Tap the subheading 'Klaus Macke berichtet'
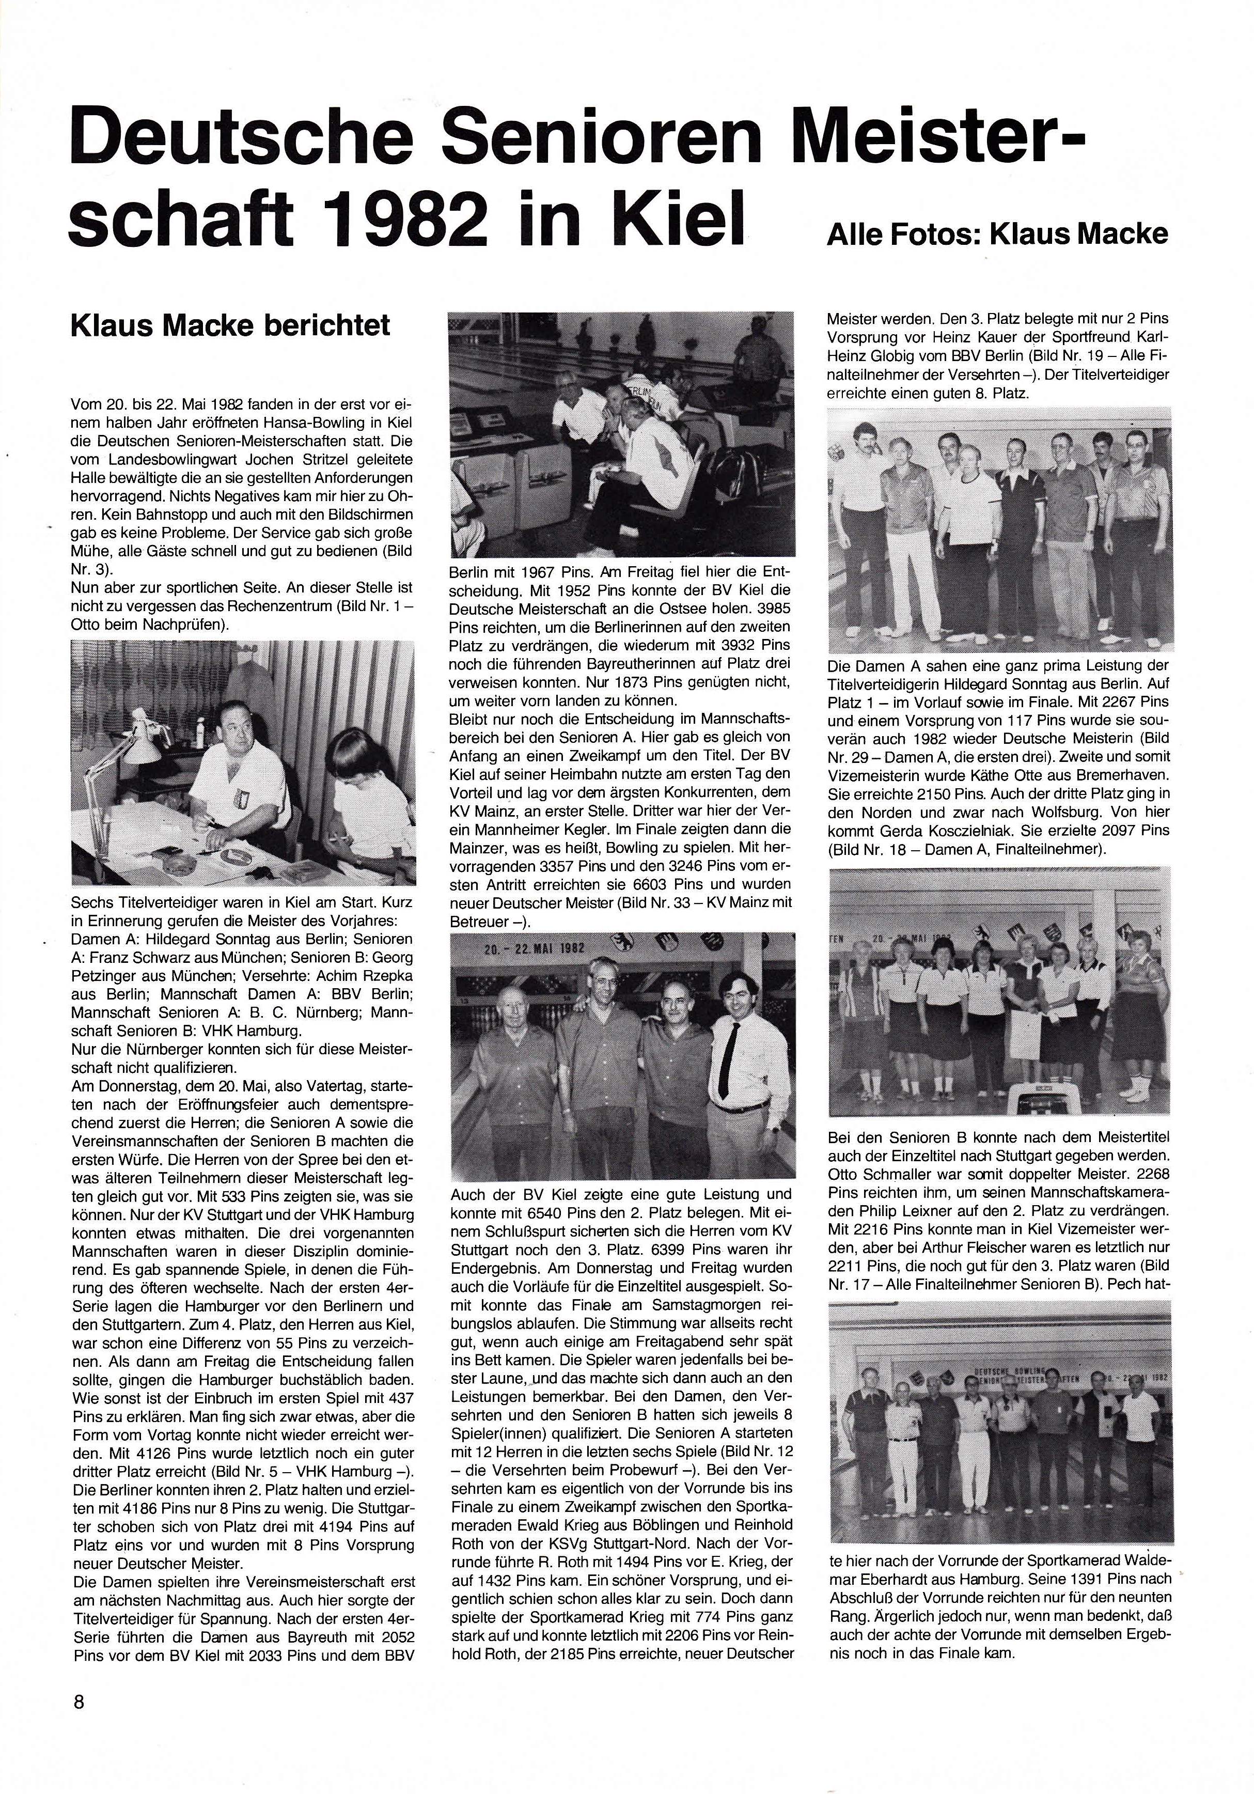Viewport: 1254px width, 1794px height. click(230, 324)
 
